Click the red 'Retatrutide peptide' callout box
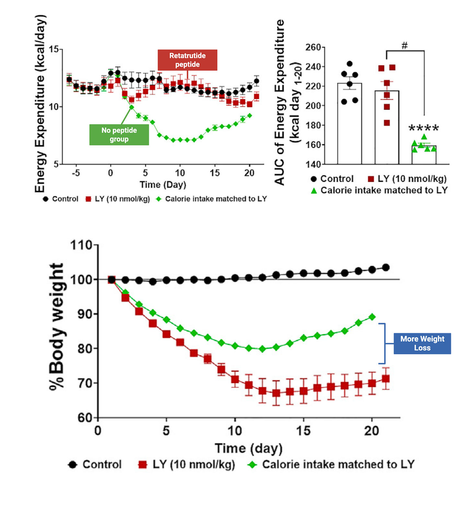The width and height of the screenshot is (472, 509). click(187, 60)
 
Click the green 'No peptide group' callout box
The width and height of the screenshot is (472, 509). click(119, 135)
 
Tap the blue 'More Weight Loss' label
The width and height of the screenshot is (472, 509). click(422, 343)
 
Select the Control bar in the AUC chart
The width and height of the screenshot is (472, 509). click(349, 123)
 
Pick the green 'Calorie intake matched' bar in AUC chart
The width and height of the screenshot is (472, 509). click(424, 155)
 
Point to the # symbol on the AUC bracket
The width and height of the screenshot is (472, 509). click(404, 46)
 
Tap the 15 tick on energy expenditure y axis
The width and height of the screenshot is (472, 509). click(54, 49)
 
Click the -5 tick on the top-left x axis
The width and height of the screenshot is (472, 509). click(76, 173)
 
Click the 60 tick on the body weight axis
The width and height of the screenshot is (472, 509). click(85, 418)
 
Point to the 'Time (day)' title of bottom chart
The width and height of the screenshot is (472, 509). click(249, 449)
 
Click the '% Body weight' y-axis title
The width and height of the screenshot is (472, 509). click(57, 326)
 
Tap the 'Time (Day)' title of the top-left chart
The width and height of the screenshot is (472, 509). click(163, 185)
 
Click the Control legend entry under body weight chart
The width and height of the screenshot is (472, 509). click(95, 465)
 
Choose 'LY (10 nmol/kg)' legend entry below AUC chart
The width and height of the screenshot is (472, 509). click(407, 179)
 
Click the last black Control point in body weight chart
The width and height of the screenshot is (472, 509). click(386, 267)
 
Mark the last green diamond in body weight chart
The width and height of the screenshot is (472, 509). click(372, 317)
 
